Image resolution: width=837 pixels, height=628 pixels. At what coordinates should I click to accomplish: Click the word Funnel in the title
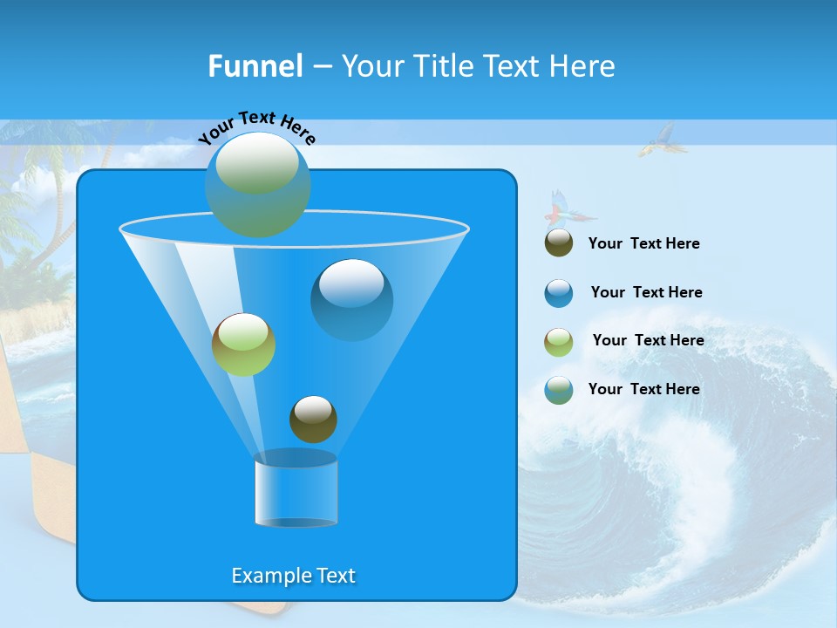coord(255,66)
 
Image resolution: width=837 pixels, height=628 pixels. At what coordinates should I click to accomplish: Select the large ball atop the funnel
coord(258,184)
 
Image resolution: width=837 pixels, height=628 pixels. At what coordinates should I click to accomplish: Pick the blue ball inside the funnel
coord(352,299)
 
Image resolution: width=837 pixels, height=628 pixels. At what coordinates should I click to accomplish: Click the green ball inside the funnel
coord(243,345)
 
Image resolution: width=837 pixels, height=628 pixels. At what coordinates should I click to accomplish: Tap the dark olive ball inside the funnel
coord(313,419)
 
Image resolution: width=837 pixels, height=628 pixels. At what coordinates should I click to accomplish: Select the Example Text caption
coord(294,576)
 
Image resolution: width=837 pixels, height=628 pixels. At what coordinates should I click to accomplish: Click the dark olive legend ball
coord(559,243)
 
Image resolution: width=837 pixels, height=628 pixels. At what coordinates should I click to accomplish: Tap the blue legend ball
coord(559,293)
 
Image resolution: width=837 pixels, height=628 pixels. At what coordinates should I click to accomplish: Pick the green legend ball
coord(559,342)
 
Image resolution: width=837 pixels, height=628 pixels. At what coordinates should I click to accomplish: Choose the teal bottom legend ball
coord(559,390)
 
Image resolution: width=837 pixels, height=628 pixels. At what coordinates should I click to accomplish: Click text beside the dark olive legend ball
coord(643,244)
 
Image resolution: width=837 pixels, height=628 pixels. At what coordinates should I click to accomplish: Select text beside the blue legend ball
coord(646,292)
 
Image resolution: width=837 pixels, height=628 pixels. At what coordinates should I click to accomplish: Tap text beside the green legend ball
coord(648,340)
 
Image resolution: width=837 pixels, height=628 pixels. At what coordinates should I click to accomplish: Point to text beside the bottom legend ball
coord(643,389)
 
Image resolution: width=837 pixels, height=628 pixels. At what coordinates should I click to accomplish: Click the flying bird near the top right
coord(657,140)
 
